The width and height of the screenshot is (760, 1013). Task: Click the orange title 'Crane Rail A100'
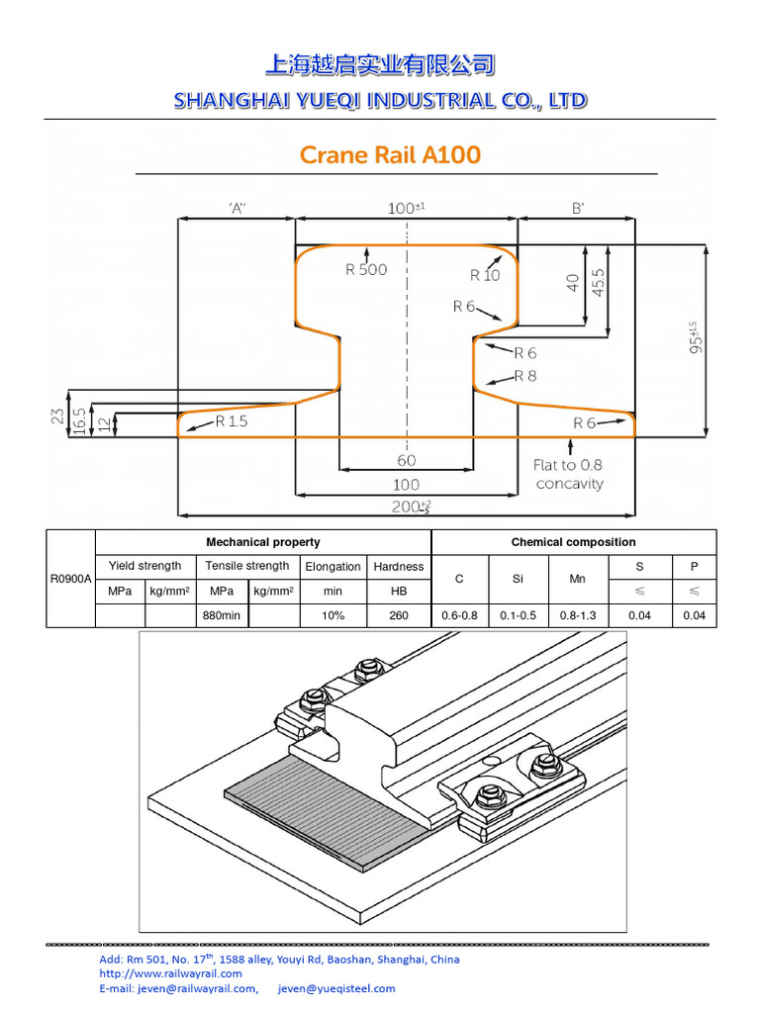pyautogui.click(x=390, y=155)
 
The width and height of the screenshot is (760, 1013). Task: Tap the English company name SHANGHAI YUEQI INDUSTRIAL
pyautogui.click(x=380, y=100)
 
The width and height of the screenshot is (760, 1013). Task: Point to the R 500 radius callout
pyautogui.click(x=366, y=269)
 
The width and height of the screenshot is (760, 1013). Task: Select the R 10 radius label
pyautogui.click(x=485, y=276)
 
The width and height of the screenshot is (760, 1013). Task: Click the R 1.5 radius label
pyautogui.click(x=234, y=422)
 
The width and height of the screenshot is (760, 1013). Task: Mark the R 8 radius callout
pyautogui.click(x=525, y=376)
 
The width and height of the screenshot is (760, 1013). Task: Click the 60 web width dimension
pyautogui.click(x=407, y=460)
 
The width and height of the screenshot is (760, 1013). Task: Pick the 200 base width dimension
pyautogui.click(x=407, y=506)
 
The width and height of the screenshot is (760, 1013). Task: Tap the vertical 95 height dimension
pyautogui.click(x=697, y=337)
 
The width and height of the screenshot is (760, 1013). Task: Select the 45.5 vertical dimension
pyautogui.click(x=598, y=283)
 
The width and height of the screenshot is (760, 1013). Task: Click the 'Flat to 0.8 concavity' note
pyautogui.click(x=569, y=474)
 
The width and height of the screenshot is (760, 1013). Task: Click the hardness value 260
pyautogui.click(x=399, y=615)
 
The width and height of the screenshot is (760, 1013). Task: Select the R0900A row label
pyautogui.click(x=70, y=580)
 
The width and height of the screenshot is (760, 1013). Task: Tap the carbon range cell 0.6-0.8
pyautogui.click(x=459, y=615)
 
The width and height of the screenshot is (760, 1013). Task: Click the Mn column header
pyautogui.click(x=578, y=579)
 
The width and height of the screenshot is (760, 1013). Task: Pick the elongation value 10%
pyautogui.click(x=332, y=615)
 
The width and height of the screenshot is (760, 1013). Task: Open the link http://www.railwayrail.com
pyautogui.click(x=170, y=973)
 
